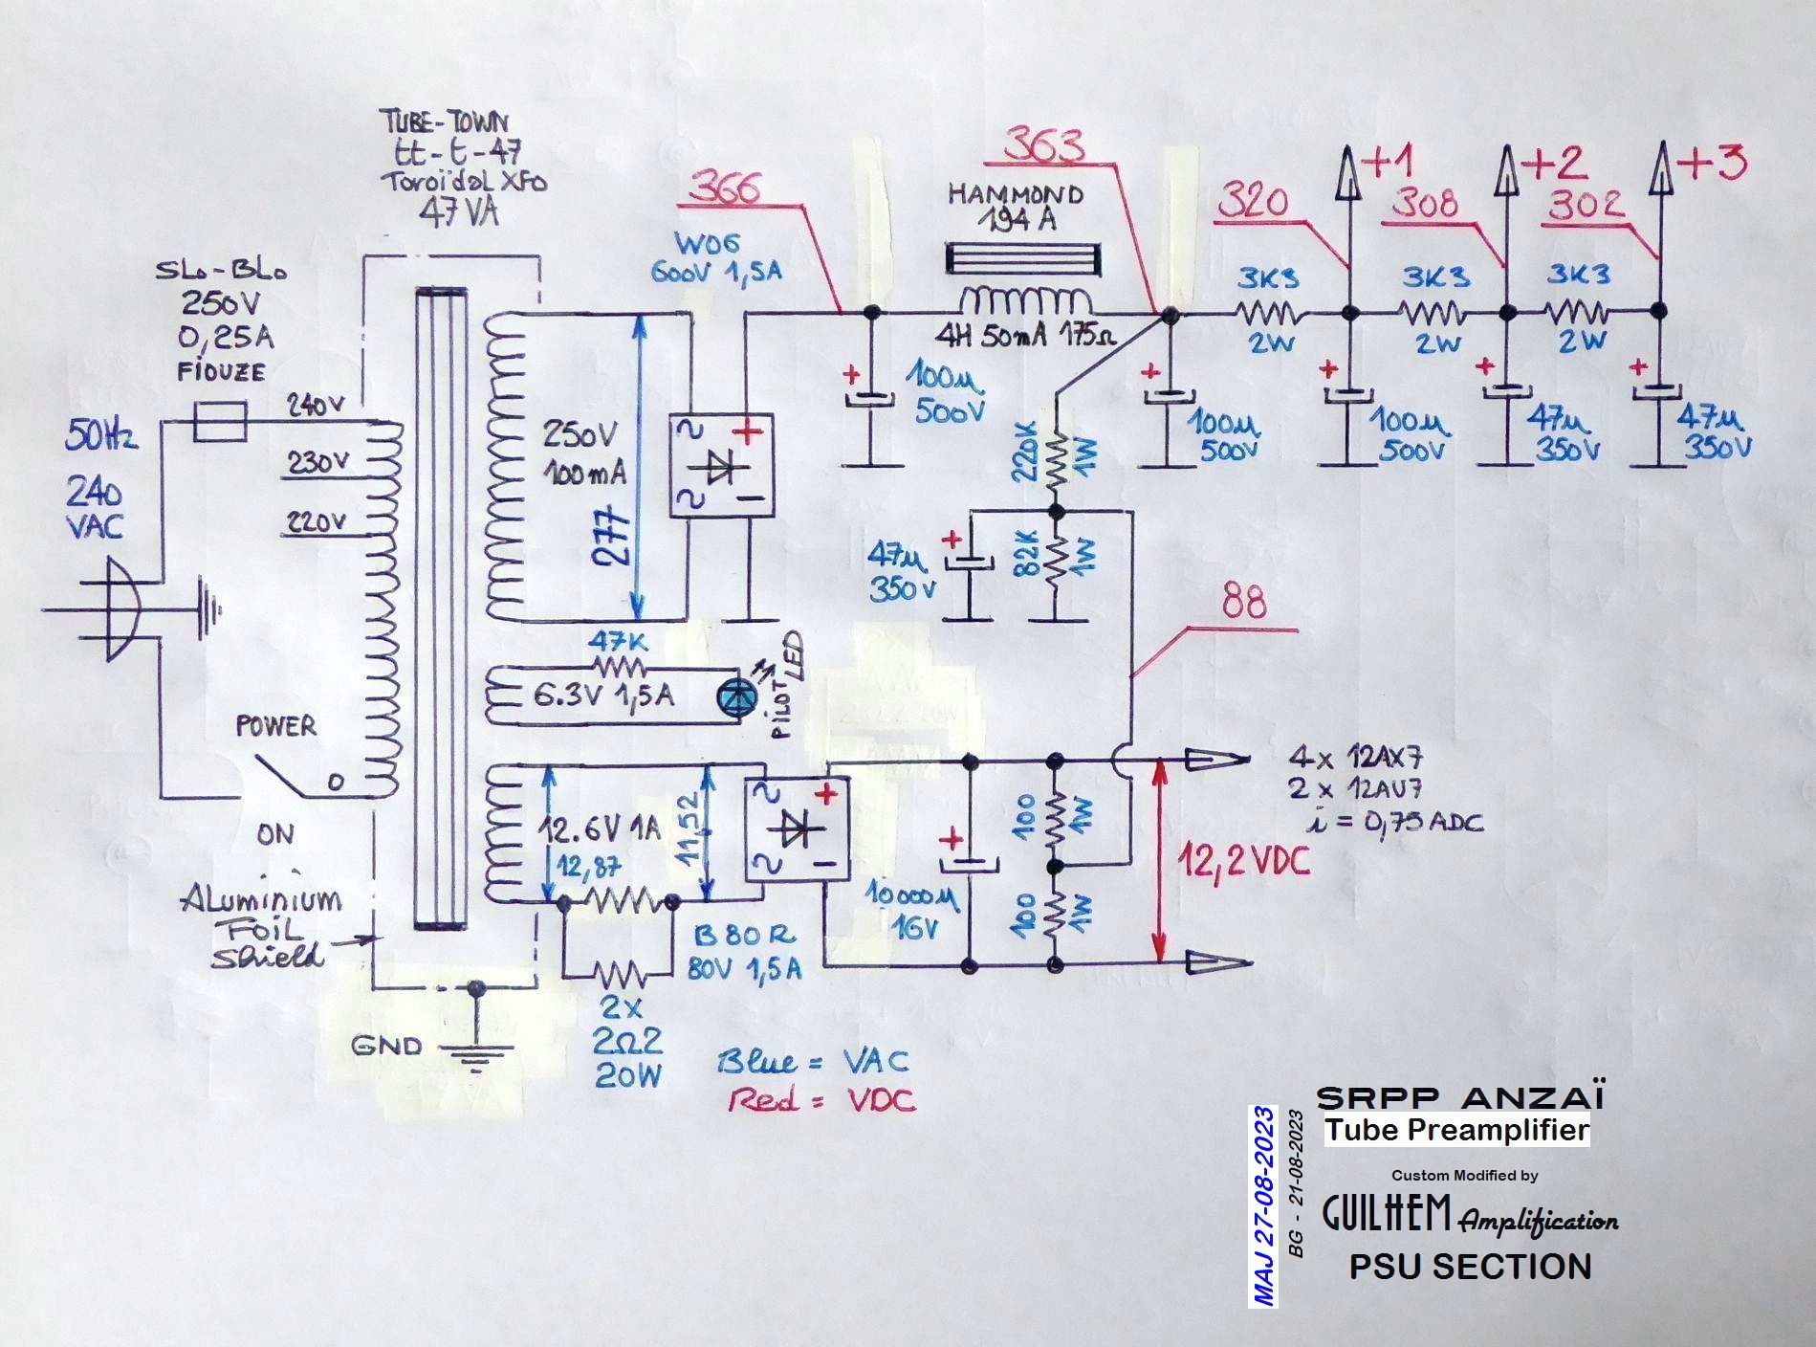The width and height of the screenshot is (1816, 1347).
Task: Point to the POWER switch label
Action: (275, 726)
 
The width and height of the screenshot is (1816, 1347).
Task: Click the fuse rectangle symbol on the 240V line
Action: (220, 421)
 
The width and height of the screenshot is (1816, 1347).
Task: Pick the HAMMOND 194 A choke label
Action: (1016, 207)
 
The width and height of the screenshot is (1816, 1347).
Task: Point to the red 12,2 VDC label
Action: (1243, 862)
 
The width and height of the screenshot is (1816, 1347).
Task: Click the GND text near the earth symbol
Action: (386, 1045)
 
